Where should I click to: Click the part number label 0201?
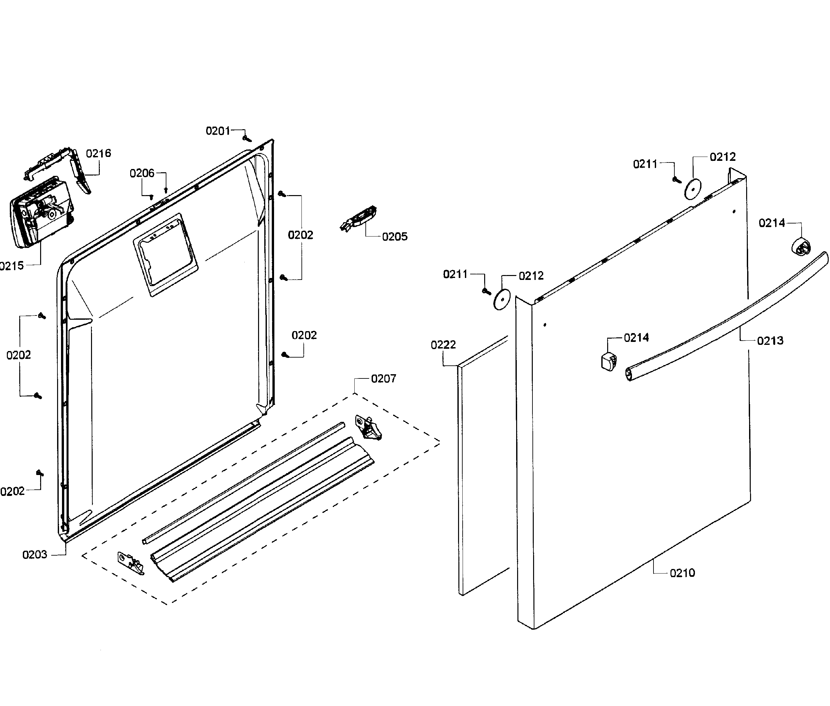(218, 131)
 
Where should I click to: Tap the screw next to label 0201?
(247, 138)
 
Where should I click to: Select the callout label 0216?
(99, 153)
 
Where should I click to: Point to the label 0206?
(142, 173)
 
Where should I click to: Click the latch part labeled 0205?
(360, 219)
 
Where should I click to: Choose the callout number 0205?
(394, 237)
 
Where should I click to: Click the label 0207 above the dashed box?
(383, 379)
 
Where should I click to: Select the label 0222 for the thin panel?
(443, 345)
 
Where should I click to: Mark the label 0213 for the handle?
(770, 341)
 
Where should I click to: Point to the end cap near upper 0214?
(800, 247)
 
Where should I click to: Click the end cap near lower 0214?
(608, 361)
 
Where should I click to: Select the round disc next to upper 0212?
(693, 189)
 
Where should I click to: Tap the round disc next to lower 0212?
(502, 299)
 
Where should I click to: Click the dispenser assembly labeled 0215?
(40, 216)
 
